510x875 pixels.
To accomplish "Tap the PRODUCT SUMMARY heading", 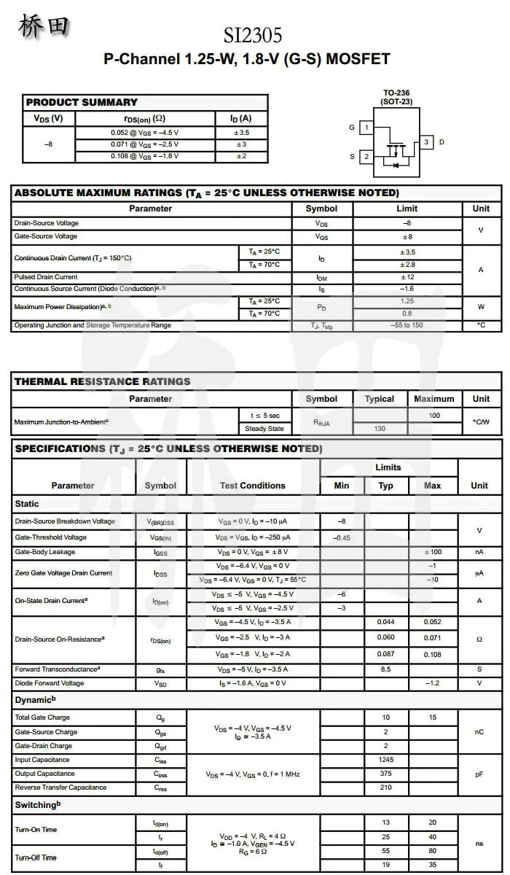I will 81,102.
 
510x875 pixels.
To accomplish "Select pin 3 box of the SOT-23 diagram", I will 426,142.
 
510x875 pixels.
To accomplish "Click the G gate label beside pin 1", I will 352,128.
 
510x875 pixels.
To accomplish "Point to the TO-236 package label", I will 396,93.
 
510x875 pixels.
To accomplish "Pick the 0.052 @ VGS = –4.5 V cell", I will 144,133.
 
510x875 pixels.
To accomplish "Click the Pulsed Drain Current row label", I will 46,277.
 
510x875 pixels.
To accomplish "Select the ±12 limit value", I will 407,277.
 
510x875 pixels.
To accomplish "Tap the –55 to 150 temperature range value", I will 407,325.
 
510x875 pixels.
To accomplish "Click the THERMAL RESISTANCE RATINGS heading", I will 102,381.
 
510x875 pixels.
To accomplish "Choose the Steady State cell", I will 264,429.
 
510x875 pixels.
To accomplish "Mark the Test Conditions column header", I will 253,486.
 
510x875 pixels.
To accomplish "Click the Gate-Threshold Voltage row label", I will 50,537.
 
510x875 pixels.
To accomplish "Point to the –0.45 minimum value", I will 341,537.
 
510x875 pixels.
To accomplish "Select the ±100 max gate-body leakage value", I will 432,552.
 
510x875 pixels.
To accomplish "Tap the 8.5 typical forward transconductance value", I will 385,669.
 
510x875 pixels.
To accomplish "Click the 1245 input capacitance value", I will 385,760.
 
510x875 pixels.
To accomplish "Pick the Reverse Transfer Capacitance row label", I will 60,787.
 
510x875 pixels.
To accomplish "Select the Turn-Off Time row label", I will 36,857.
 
